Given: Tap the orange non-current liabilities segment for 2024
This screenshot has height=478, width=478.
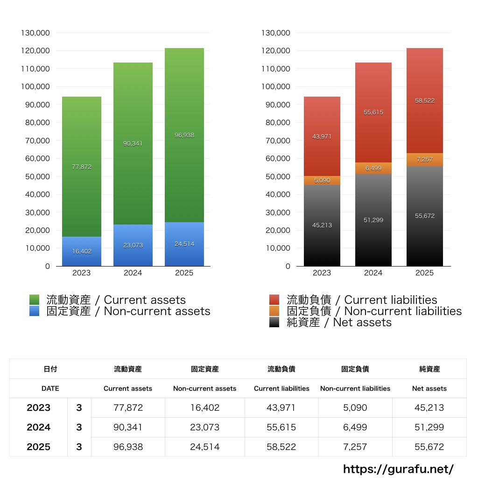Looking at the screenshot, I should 373,169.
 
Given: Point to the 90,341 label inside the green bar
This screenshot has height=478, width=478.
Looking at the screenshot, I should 133,144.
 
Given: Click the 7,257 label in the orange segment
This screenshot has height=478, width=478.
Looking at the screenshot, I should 424,160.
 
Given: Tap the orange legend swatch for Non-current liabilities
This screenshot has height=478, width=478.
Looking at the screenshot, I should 274,311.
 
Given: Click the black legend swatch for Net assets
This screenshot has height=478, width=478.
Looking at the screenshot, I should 274,322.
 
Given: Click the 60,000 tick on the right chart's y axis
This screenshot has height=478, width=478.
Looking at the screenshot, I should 278,158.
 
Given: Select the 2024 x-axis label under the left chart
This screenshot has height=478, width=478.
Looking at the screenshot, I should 133,273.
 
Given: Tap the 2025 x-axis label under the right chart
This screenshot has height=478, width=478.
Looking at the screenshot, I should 424,273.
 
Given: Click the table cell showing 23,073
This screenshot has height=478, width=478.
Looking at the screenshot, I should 204,427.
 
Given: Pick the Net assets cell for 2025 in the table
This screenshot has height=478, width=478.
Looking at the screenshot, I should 429,447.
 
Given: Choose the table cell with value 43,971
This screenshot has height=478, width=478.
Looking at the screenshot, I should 281,408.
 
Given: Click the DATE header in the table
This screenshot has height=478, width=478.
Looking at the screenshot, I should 50,388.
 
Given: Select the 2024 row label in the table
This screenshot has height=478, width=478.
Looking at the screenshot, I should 38,427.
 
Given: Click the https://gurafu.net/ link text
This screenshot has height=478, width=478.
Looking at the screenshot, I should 398,469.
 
